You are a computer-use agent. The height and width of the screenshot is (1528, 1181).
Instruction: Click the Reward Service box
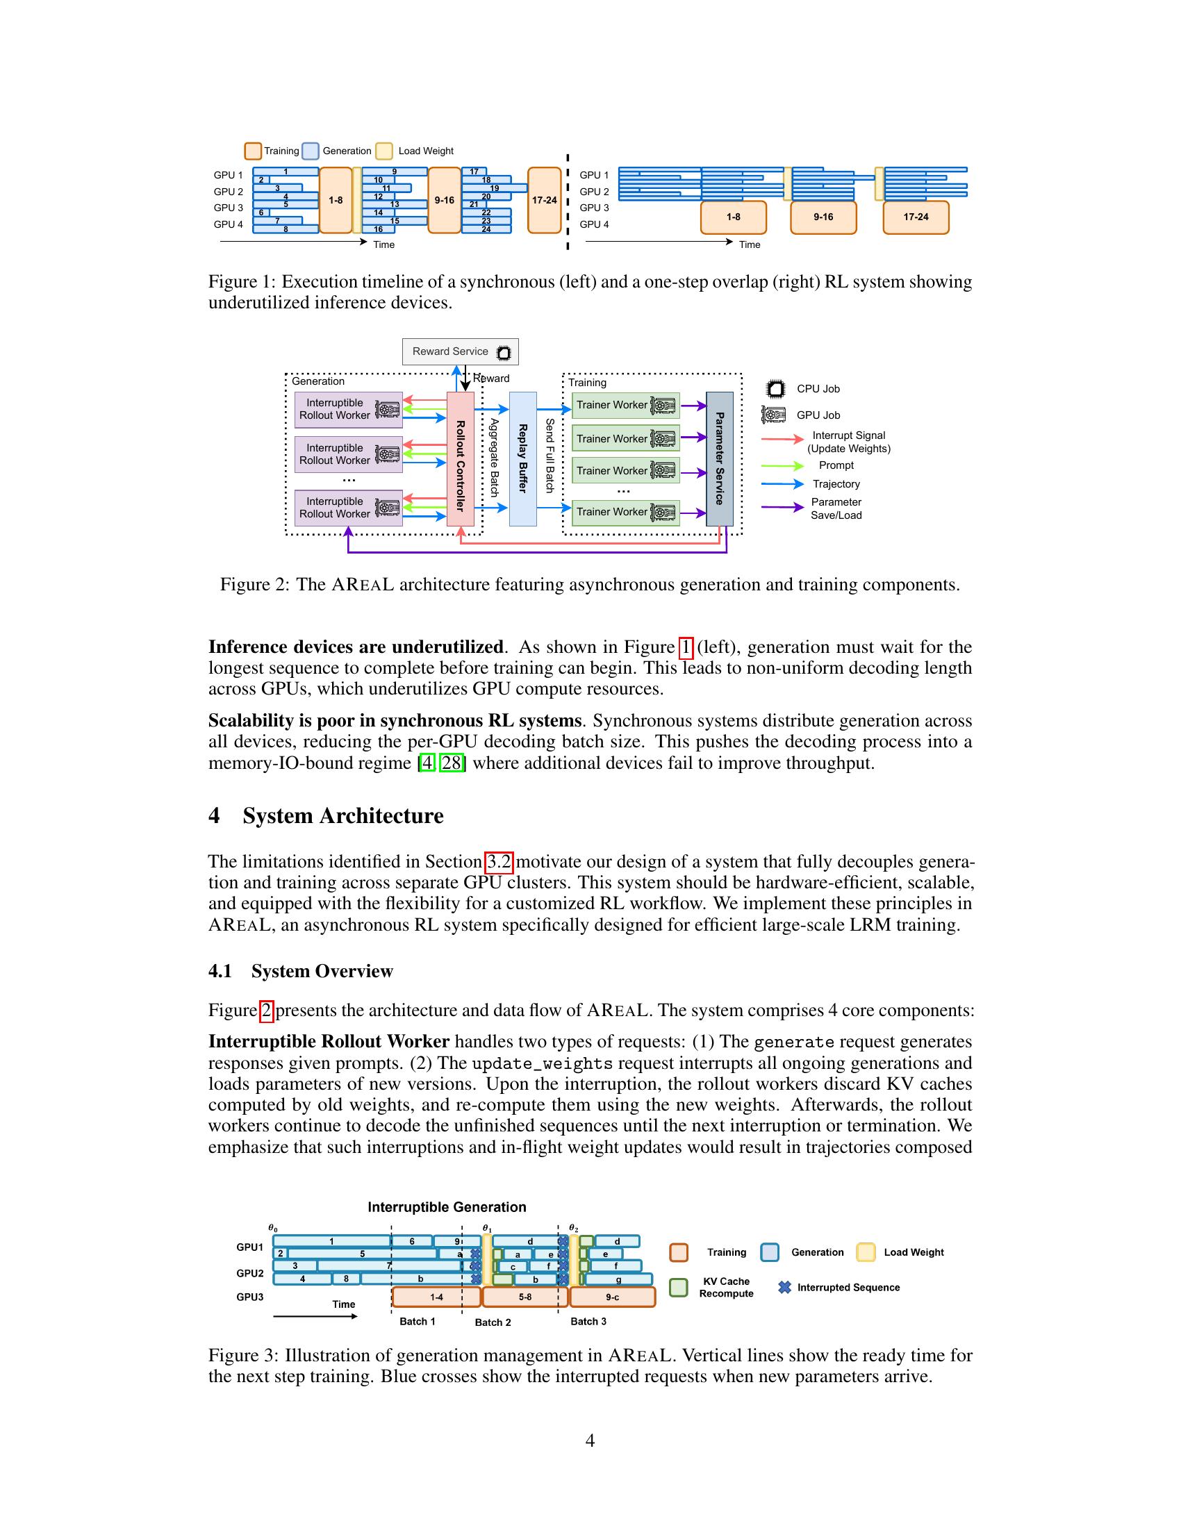[x=461, y=352]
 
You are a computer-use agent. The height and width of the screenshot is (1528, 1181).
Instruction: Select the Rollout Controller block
[x=461, y=459]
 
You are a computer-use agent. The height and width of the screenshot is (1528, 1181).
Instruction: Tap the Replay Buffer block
[x=522, y=459]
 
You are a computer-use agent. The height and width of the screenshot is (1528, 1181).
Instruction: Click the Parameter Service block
[x=719, y=459]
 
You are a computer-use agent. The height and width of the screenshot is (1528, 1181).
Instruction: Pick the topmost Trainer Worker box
[x=625, y=405]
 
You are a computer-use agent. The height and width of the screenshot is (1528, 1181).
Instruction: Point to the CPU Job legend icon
[x=775, y=389]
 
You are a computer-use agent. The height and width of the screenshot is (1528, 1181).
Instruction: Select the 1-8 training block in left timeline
[x=336, y=200]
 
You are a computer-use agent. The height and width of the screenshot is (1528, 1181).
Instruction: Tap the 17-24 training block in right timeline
[x=915, y=217]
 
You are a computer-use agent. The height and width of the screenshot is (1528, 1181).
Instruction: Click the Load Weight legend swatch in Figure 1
[x=384, y=151]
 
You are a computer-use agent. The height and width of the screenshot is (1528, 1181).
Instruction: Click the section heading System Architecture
[x=342, y=817]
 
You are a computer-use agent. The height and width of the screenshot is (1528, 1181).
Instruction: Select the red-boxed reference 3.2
[x=499, y=862]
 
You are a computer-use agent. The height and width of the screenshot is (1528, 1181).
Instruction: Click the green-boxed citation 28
[x=452, y=763]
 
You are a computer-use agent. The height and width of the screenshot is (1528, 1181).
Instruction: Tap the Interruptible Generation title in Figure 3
[x=447, y=1208]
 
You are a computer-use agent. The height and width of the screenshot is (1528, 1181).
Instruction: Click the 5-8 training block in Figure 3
[x=525, y=1297]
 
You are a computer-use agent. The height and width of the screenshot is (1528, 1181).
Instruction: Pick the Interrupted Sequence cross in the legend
[x=784, y=1287]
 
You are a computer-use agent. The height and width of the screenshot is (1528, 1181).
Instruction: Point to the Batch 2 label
[x=493, y=1322]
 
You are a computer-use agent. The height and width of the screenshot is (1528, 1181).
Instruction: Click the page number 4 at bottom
[x=590, y=1440]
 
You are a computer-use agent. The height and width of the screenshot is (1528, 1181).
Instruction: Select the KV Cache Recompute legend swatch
[x=678, y=1288]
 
